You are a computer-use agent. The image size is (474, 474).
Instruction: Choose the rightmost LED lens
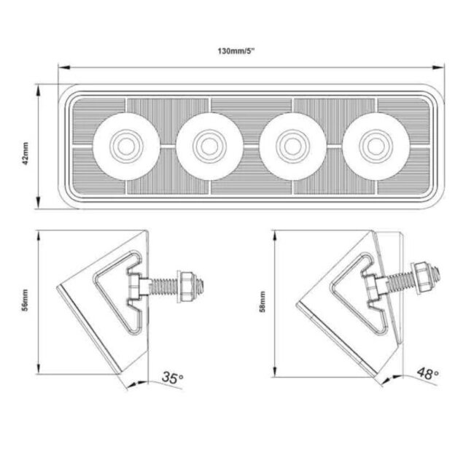(x=374, y=145)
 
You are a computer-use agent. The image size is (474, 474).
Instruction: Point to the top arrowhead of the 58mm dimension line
(x=275, y=232)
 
